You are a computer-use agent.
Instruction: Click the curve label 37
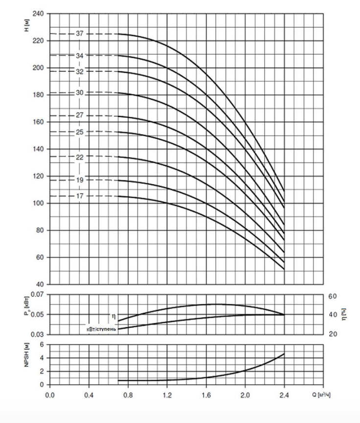[80, 34]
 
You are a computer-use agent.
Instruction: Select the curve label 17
[80, 196]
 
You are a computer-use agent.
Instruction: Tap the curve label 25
[80, 132]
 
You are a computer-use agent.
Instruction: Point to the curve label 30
[80, 92]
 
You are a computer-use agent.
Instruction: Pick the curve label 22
[80, 157]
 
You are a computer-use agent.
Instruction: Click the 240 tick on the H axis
[38, 14]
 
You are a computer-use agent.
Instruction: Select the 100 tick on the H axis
[38, 203]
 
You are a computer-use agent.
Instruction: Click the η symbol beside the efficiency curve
[113, 316]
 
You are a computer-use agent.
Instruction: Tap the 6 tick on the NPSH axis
[42, 344]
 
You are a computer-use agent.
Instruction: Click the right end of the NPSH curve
[284, 354]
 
